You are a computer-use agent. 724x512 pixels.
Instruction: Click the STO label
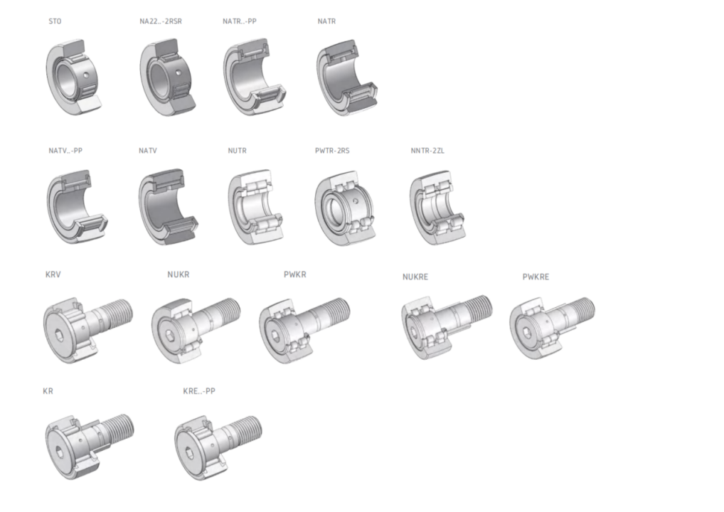[55, 21]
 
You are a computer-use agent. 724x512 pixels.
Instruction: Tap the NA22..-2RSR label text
[161, 21]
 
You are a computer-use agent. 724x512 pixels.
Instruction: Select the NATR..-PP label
[240, 21]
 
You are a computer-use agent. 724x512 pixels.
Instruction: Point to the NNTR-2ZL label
[427, 151]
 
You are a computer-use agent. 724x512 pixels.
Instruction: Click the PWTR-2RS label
[332, 151]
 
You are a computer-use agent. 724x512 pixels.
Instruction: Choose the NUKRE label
[415, 277]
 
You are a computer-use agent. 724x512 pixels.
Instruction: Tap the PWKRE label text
[536, 277]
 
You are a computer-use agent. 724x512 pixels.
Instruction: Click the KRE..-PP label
[199, 391]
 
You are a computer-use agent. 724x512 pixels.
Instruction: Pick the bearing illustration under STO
[73, 77]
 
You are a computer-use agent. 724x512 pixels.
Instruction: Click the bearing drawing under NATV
[168, 207]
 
